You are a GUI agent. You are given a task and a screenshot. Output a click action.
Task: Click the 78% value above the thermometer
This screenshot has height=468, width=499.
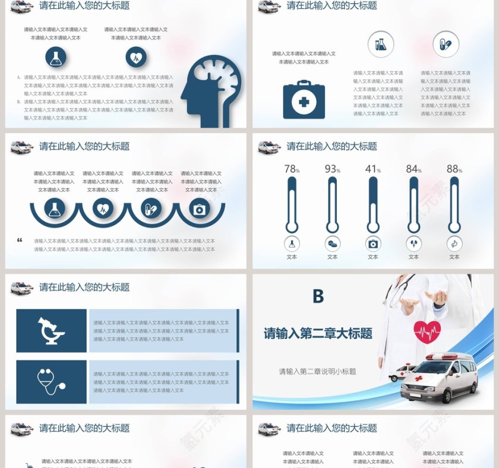tap(291, 169)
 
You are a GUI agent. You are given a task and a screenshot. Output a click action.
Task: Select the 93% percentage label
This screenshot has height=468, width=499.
tap(332, 169)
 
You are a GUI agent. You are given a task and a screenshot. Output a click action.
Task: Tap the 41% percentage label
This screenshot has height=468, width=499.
tap(372, 169)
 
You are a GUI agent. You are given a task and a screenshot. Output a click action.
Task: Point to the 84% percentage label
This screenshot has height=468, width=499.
tap(413, 169)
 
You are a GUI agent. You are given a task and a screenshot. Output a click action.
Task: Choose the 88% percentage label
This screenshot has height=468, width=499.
tap(454, 169)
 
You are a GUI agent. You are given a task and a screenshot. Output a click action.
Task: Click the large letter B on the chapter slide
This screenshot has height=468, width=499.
tap(318, 296)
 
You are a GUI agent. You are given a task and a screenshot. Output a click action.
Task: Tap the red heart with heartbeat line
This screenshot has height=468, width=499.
tap(427, 331)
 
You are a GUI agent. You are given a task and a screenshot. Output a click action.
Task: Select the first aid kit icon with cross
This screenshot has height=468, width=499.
tap(304, 100)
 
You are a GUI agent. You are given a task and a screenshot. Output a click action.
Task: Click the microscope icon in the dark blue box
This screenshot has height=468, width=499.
tap(51, 331)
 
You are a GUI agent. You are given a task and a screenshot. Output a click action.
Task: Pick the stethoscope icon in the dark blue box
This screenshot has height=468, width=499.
tap(51, 381)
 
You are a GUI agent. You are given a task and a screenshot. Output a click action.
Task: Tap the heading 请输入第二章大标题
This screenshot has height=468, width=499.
tap(318, 334)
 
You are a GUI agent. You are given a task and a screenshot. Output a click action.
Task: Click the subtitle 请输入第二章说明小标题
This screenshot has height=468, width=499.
tap(317, 372)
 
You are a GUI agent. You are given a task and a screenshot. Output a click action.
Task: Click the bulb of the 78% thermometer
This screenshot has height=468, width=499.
tap(291, 226)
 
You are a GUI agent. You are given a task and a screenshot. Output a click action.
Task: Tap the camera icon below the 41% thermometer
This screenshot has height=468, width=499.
tap(372, 244)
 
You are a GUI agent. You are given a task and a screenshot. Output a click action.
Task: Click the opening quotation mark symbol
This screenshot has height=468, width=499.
tap(20, 241)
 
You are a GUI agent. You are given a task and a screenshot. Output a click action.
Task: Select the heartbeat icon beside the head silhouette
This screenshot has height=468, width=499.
tap(136, 57)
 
